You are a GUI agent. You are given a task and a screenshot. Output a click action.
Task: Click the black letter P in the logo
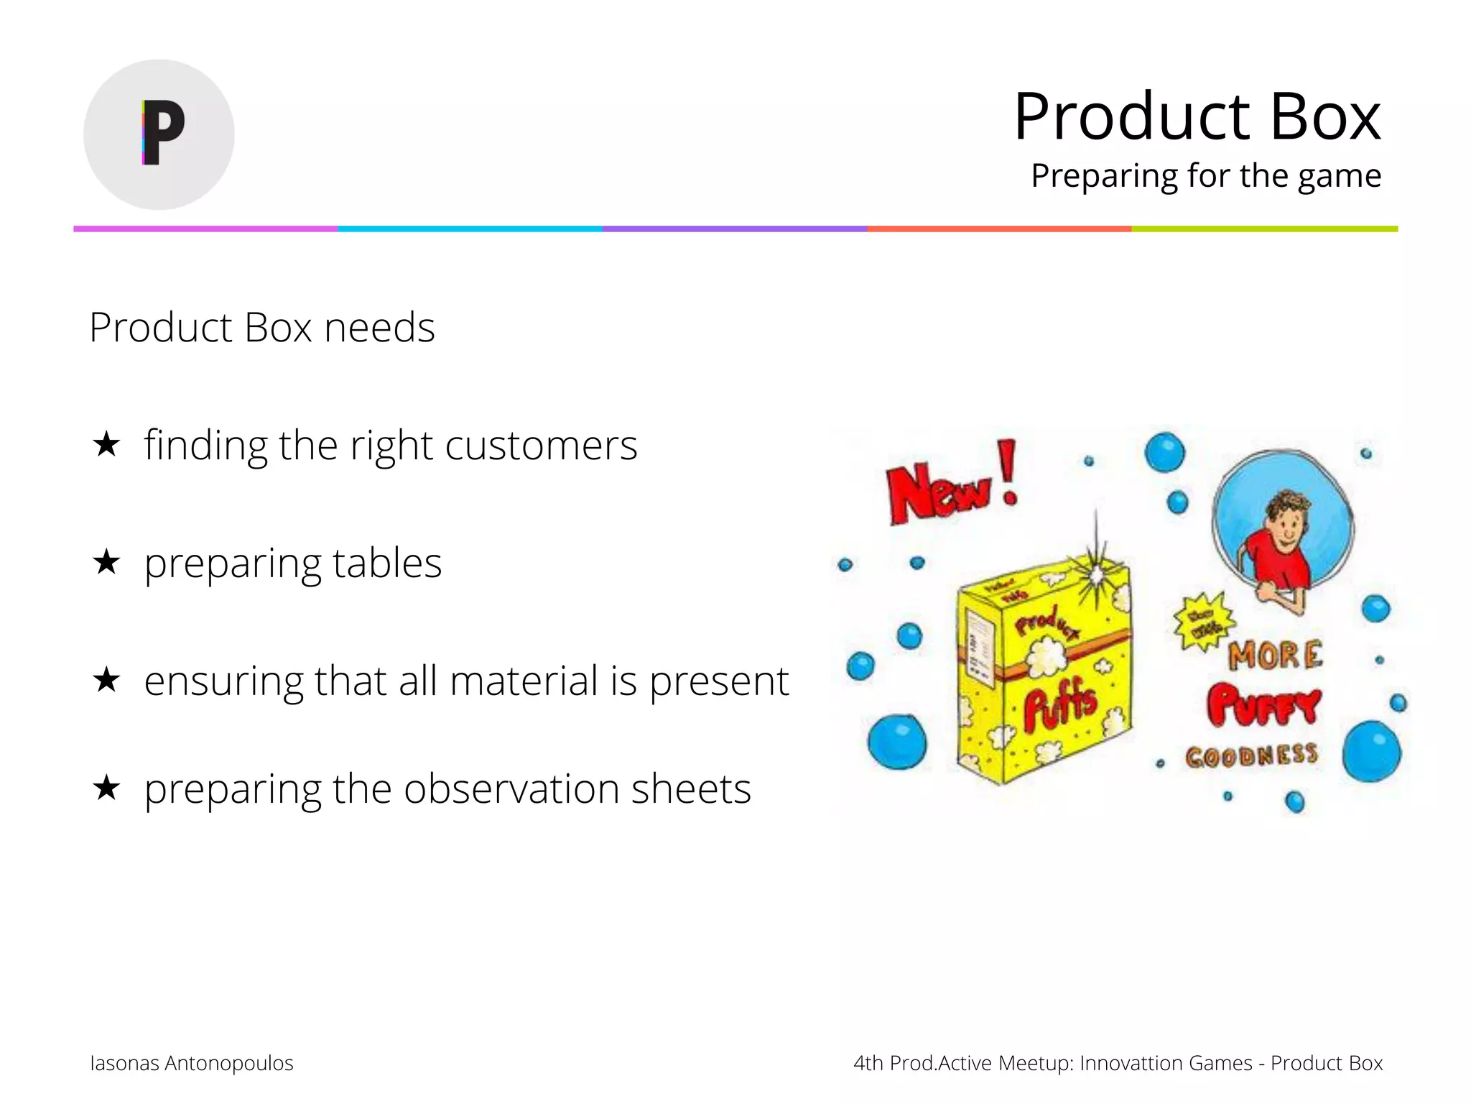point(164,132)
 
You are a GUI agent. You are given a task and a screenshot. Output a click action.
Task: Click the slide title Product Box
point(1197,116)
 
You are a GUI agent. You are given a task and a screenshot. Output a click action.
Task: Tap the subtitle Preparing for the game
point(1205,175)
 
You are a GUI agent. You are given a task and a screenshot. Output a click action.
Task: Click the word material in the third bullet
point(524,681)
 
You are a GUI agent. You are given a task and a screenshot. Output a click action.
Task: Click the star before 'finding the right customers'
point(106,444)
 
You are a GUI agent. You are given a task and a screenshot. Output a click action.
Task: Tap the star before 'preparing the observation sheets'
point(106,788)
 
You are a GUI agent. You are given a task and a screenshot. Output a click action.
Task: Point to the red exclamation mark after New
point(1008,471)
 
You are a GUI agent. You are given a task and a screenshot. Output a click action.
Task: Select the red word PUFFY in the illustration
point(1263,704)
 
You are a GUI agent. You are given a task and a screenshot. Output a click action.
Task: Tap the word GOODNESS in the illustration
point(1251,755)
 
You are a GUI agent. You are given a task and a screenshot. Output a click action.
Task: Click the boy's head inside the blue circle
point(1288,516)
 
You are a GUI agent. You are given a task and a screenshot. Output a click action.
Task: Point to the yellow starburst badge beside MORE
point(1203,621)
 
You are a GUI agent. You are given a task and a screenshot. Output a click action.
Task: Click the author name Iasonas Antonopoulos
point(192,1063)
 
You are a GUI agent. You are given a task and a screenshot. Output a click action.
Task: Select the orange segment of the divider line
point(999,229)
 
